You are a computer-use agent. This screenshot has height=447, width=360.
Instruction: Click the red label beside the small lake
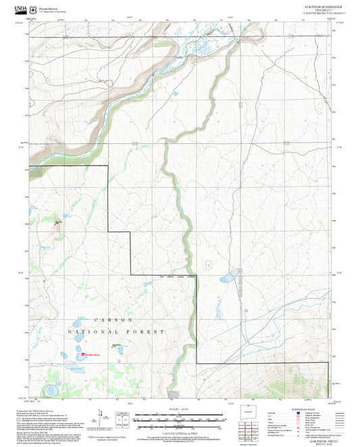click(x=91, y=354)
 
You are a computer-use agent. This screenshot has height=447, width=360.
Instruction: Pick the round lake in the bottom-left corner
click(x=51, y=390)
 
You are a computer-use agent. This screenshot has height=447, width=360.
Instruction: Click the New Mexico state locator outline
click(x=252, y=412)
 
